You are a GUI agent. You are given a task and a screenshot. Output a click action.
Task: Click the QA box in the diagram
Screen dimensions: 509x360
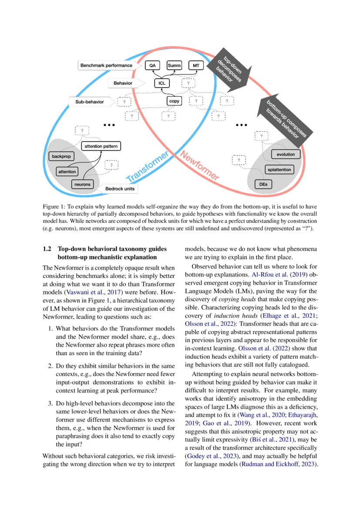pyautogui.click(x=152, y=65)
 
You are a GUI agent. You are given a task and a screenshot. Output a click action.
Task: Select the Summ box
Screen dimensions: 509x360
pyautogui.click(x=174, y=65)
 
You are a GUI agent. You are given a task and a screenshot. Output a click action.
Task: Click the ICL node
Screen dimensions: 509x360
pyautogui.click(x=161, y=83)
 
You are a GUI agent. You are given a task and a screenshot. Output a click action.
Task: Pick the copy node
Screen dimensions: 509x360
pyautogui.click(x=174, y=101)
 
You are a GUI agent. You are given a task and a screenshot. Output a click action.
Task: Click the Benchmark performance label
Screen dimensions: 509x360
pyautogui.click(x=106, y=65)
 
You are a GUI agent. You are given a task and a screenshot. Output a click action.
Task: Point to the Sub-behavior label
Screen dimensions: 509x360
pyautogui.click(x=91, y=102)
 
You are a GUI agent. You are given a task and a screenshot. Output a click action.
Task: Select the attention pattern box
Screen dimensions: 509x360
pyautogui.click(x=101, y=146)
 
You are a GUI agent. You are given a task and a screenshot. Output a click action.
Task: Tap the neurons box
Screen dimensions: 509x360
pyautogui.click(x=82, y=184)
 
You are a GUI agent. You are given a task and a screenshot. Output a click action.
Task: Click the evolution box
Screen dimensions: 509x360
pyautogui.click(x=286, y=154)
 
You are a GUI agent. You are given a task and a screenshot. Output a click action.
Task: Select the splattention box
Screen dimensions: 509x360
pyautogui.click(x=279, y=169)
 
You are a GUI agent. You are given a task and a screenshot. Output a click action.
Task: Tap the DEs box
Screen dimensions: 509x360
pyautogui.click(x=263, y=185)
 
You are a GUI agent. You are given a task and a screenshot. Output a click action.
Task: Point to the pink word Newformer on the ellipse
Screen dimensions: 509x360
pyautogui.click(x=199, y=166)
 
